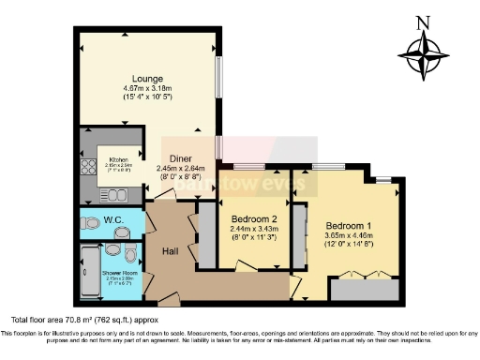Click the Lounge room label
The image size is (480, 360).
(x=149, y=78)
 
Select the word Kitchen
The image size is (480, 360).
(x=118, y=159)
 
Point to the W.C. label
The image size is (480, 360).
(x=114, y=220)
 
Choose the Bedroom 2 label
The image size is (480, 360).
(x=254, y=220)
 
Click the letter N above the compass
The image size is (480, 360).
(x=425, y=23)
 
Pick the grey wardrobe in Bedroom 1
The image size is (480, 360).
(x=355, y=288)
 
